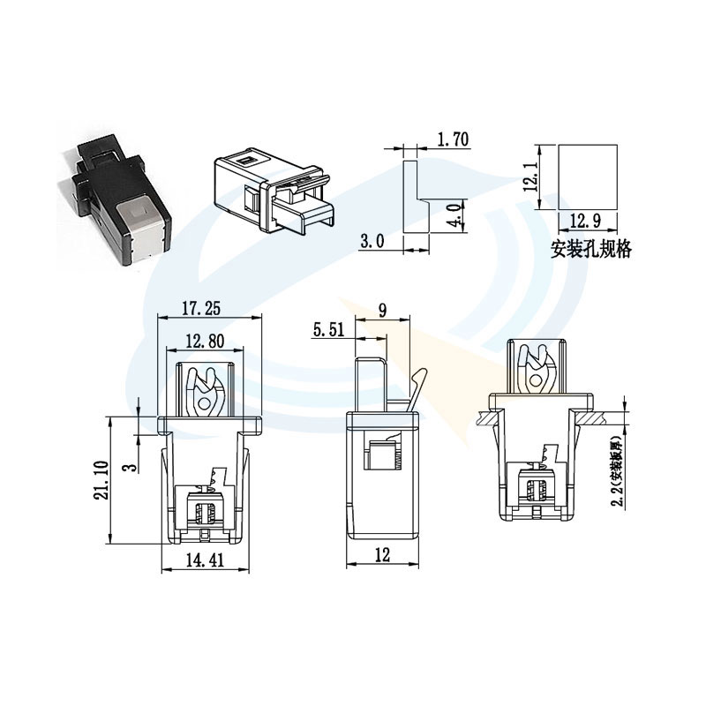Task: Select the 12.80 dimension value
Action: click(205, 341)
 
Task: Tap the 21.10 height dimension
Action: click(101, 479)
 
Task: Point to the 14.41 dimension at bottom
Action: click(206, 559)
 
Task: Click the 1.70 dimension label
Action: click(452, 139)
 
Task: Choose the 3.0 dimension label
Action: click(373, 241)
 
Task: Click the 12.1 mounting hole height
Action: click(529, 176)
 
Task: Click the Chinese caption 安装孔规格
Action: click(590, 250)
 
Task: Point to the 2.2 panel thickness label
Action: click(617, 472)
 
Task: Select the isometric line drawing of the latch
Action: click(274, 190)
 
